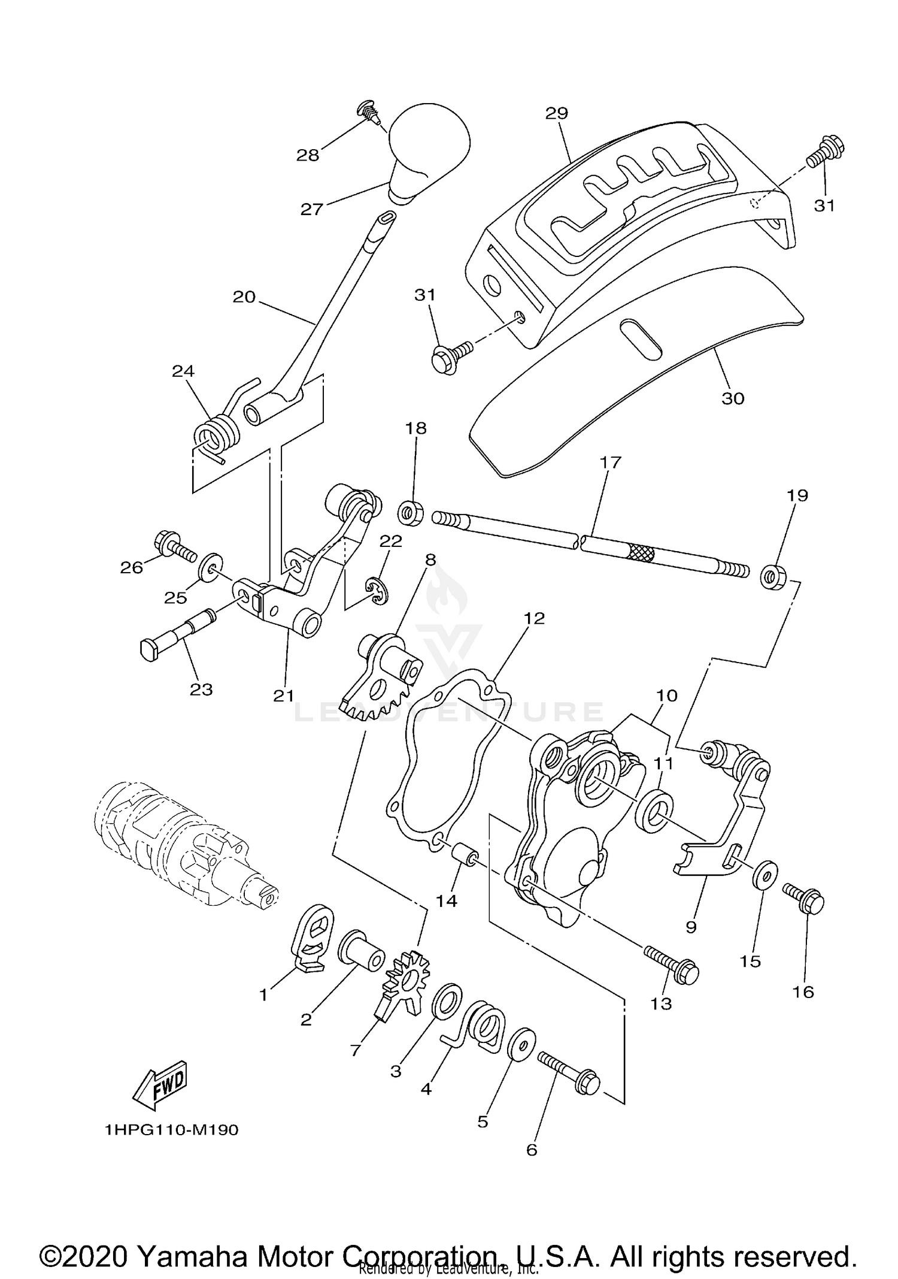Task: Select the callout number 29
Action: click(x=557, y=113)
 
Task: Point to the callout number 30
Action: click(x=733, y=398)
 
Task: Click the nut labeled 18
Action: click(x=411, y=513)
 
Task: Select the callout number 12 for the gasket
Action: click(x=535, y=618)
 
